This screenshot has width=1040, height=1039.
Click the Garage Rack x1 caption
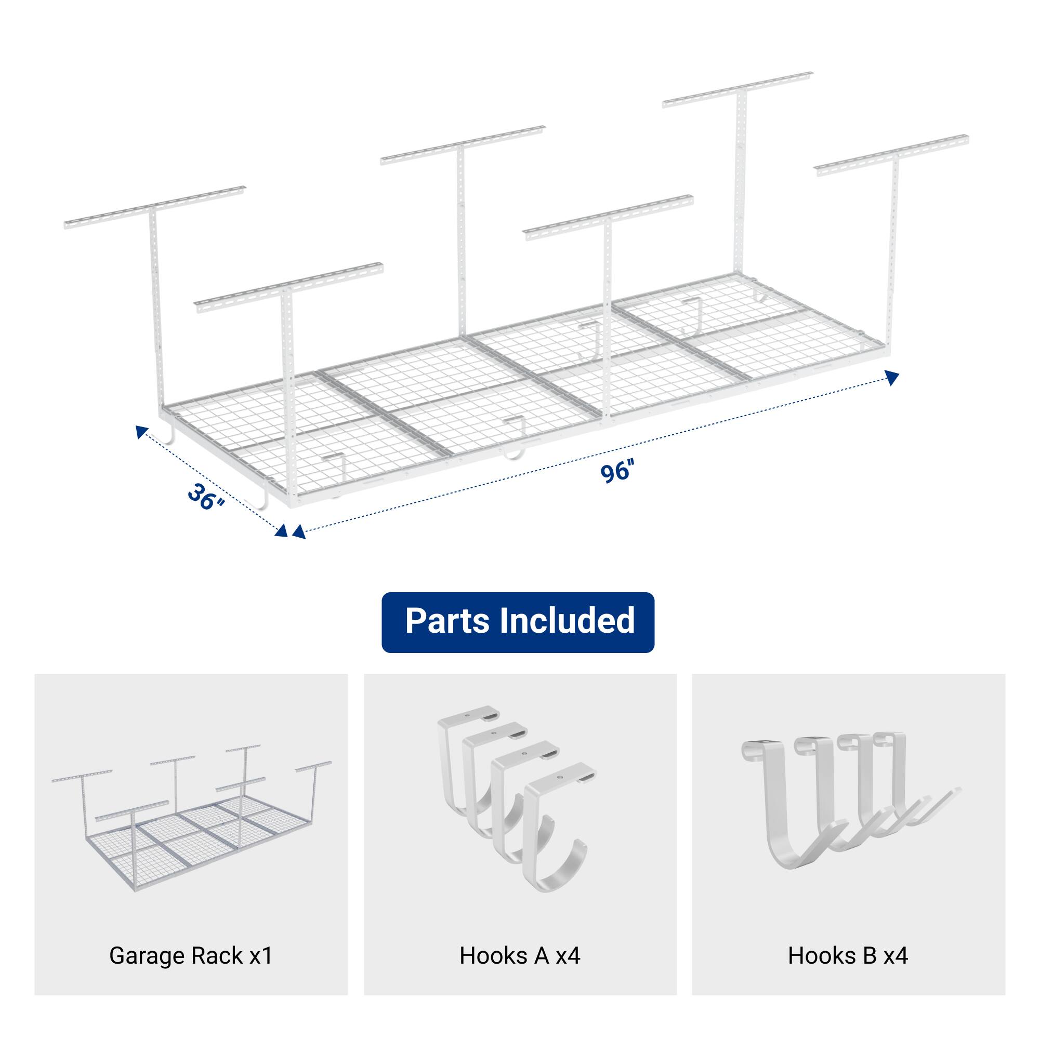click(191, 955)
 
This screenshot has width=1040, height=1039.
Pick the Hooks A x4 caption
click(520, 955)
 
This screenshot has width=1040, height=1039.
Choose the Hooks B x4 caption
click(848, 955)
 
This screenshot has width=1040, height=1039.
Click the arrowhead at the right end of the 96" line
click(892, 378)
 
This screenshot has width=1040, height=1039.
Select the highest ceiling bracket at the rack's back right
click(738, 89)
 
